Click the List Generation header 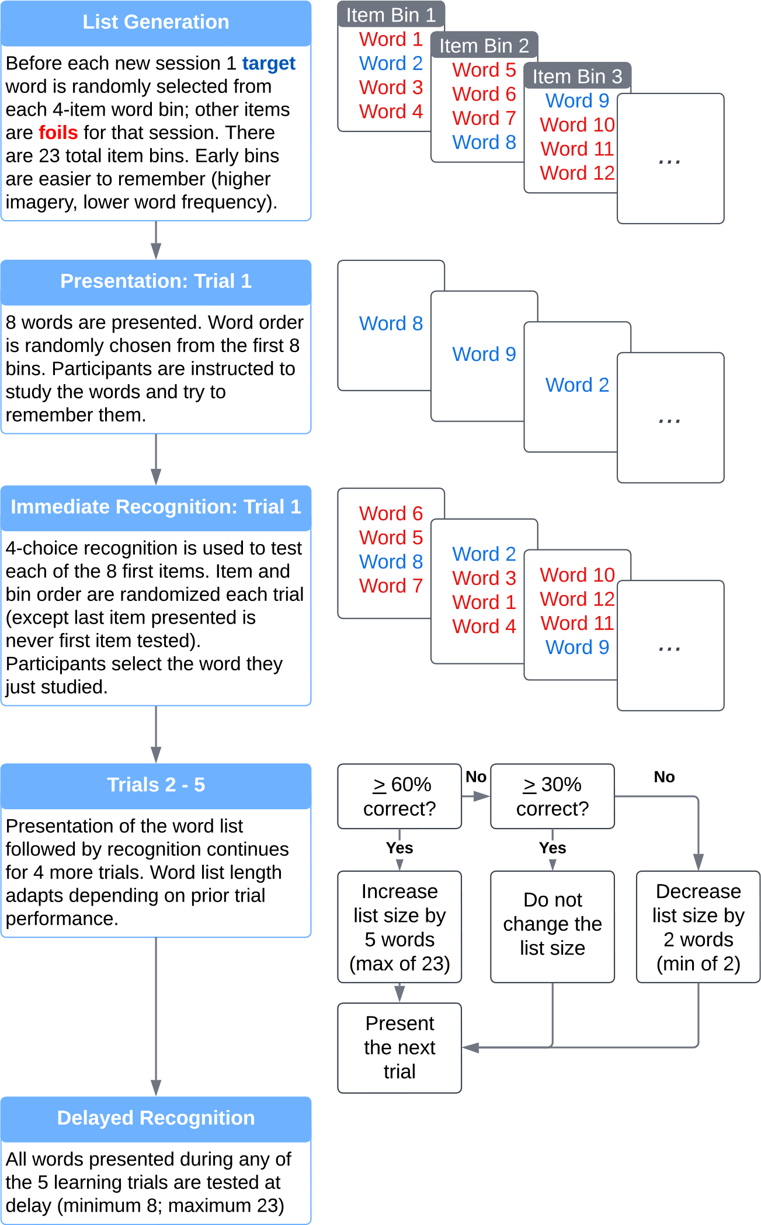pyautogui.click(x=156, y=23)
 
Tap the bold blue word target pyautogui.click(x=269, y=63)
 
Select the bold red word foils pyautogui.click(x=58, y=133)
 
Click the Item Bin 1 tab pyautogui.click(x=391, y=15)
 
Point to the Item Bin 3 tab pyautogui.click(x=577, y=76)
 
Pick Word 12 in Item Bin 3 pyautogui.click(x=577, y=173)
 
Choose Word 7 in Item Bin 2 pyautogui.click(x=484, y=118)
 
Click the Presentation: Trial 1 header pyautogui.click(x=156, y=281)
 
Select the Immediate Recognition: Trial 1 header pyautogui.click(x=156, y=507)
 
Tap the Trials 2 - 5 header pyautogui.click(x=156, y=785)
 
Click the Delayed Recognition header pyautogui.click(x=156, y=1118)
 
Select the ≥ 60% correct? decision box pyautogui.click(x=399, y=796)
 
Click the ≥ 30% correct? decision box pyautogui.click(x=552, y=796)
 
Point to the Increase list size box pyautogui.click(x=399, y=927)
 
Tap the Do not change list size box pyautogui.click(x=552, y=927)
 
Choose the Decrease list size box pyautogui.click(x=699, y=927)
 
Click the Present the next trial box pyautogui.click(x=399, y=1048)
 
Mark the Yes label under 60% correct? pyautogui.click(x=399, y=848)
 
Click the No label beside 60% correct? pyautogui.click(x=476, y=777)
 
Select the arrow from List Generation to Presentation pyautogui.click(x=156, y=241)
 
